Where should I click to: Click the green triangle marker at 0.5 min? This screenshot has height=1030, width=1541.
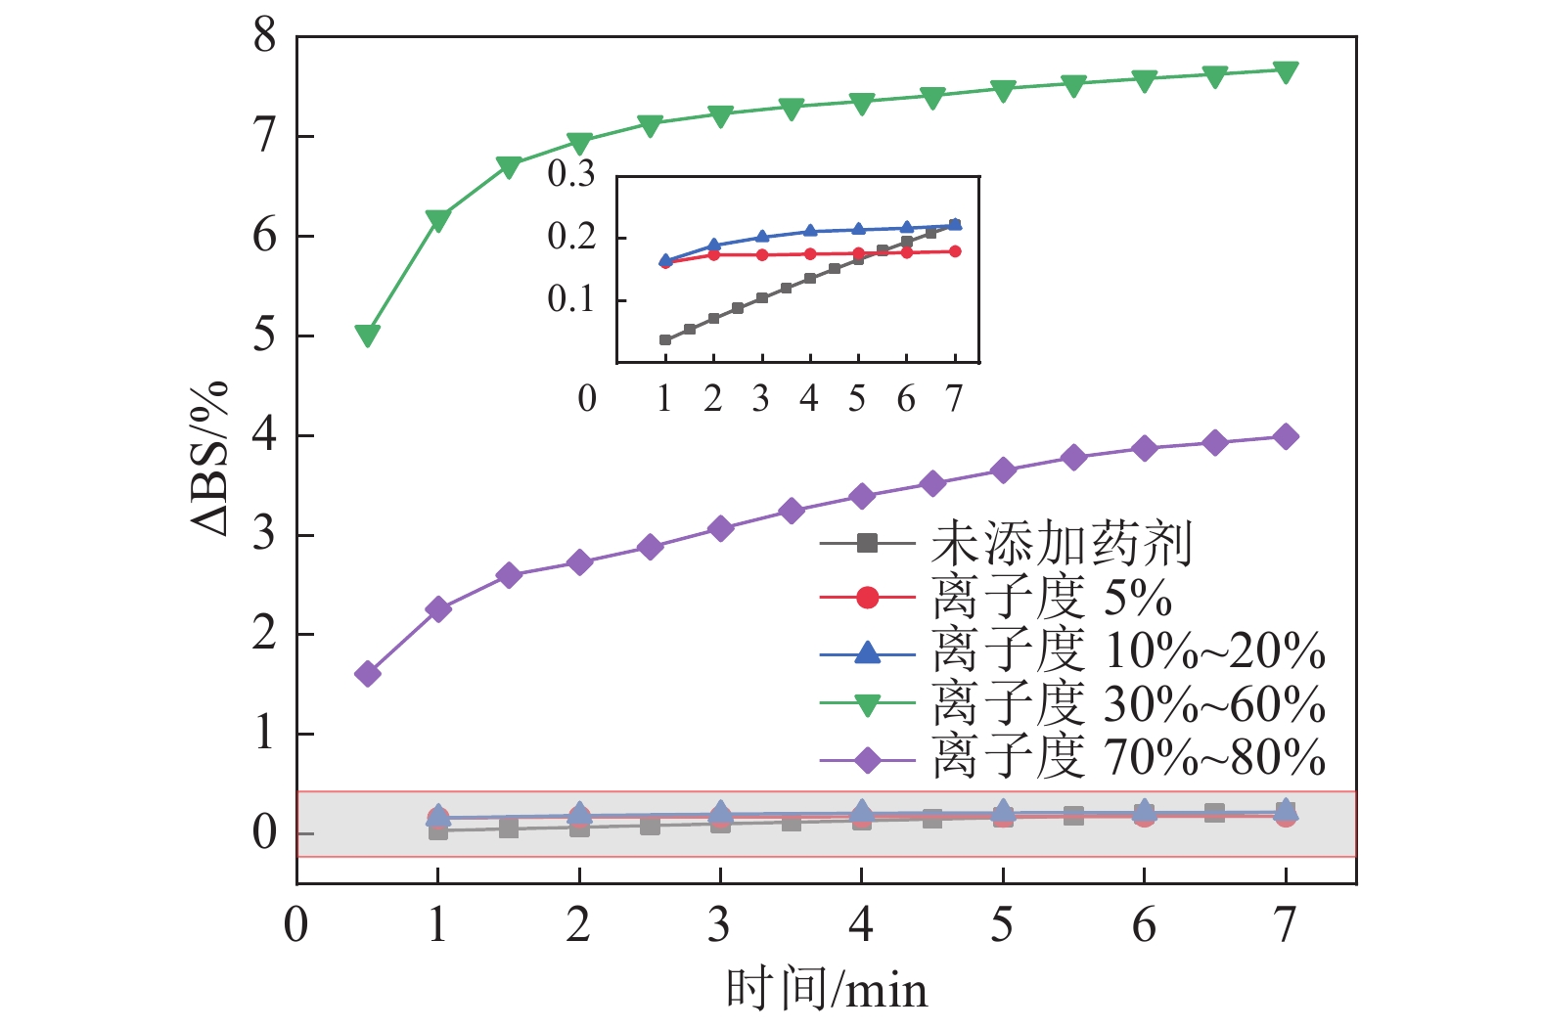coord(368,336)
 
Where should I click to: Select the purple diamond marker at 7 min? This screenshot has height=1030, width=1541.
coord(1286,436)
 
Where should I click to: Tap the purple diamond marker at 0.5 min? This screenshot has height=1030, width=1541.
coord(368,673)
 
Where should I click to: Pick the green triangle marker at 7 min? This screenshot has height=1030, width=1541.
coord(1286,70)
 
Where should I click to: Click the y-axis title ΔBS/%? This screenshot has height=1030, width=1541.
coord(210,458)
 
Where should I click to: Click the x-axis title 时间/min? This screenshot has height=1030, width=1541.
coord(827,990)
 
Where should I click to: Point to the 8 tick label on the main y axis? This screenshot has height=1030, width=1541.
coord(265,37)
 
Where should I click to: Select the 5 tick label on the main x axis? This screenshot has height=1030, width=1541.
coord(1002,924)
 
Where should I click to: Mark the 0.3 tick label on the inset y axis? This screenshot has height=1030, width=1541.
coord(571,174)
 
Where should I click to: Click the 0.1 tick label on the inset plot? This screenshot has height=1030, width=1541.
coord(571,299)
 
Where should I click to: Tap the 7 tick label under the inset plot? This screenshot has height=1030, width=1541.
coord(954,399)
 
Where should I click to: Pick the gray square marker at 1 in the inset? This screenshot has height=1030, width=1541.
coord(665,339)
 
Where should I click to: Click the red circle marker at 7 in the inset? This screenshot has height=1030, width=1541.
coord(955,251)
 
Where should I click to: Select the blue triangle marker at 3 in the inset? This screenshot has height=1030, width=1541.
coord(762,237)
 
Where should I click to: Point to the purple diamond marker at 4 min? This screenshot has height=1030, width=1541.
coord(861,496)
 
